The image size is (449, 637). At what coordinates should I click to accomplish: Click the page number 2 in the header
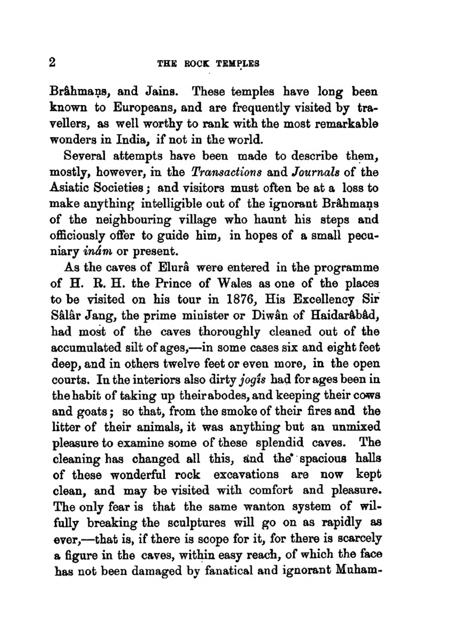53,62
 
